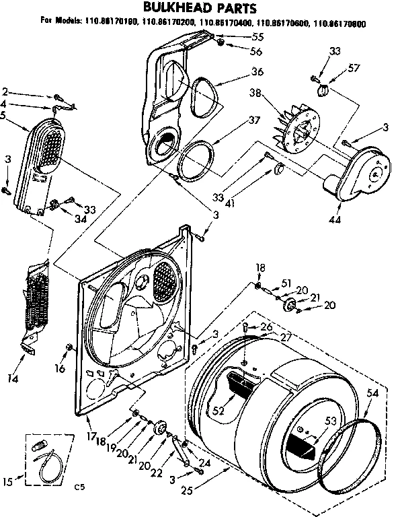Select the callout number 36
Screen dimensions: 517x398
click(238, 72)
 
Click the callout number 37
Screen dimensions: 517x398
click(235, 120)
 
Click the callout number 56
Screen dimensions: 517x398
click(239, 52)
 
